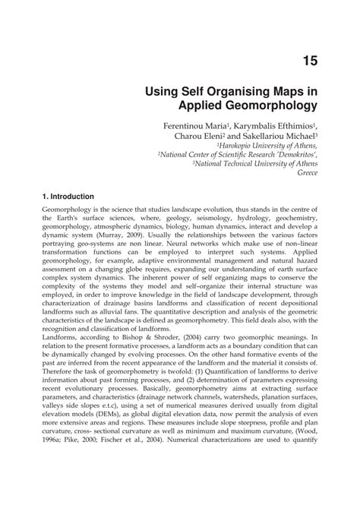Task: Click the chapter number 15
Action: [309, 61]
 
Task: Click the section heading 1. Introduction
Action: [68, 197]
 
